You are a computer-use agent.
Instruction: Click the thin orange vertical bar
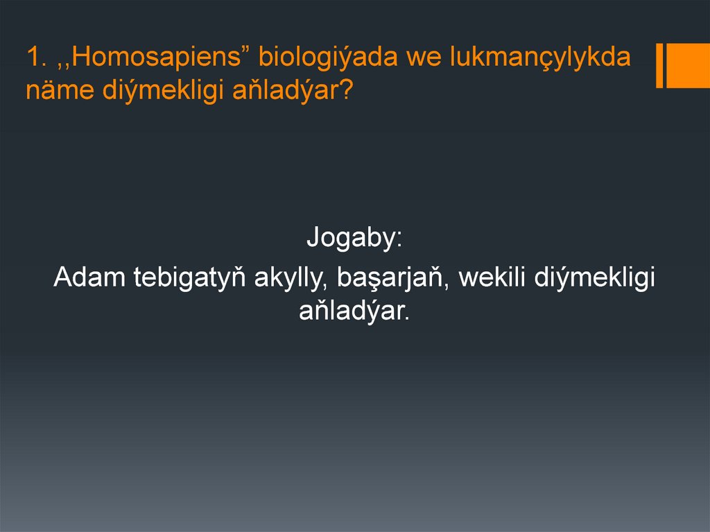(659, 67)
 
